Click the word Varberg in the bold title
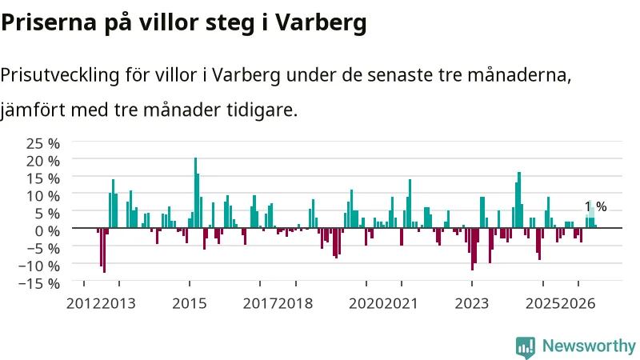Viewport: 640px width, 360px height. click(x=321, y=23)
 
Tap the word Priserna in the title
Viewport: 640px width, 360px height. click(x=49, y=23)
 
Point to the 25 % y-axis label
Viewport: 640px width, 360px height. click(x=43, y=143)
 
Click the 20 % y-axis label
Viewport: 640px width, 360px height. click(x=43, y=161)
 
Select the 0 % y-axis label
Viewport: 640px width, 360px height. click(x=47, y=230)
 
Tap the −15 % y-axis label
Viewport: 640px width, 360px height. click(x=39, y=283)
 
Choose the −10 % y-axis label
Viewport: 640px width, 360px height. click(x=39, y=266)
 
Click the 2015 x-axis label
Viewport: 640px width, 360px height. click(x=190, y=304)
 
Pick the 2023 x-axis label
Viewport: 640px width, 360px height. click(x=472, y=304)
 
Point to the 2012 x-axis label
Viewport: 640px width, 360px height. click(x=83, y=304)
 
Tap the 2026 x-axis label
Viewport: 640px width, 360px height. click(x=578, y=304)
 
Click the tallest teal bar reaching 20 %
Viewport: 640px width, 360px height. click(x=195, y=193)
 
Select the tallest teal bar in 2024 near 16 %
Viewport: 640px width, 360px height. click(x=519, y=200)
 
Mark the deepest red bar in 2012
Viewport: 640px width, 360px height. click(x=104, y=250)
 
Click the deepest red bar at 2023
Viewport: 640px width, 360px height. click(x=472, y=249)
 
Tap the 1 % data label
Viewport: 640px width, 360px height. click(x=596, y=206)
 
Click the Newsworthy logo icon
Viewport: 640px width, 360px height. click(x=526, y=348)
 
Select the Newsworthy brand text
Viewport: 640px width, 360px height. click(x=589, y=346)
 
